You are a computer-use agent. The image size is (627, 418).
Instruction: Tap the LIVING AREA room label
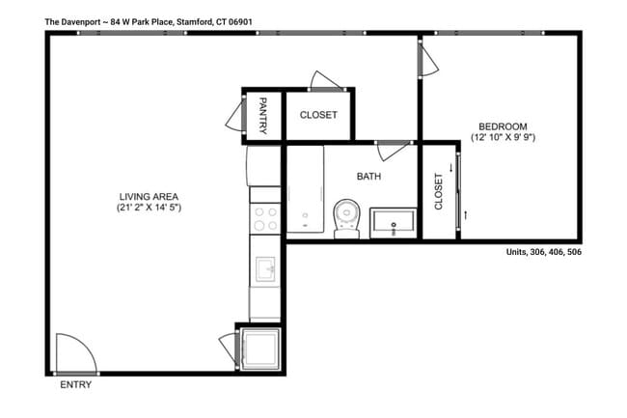click(150, 196)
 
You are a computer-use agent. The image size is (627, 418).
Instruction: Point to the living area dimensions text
click(150, 208)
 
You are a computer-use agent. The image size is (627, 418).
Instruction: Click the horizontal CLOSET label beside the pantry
click(318, 115)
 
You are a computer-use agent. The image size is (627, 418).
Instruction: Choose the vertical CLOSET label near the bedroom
click(438, 192)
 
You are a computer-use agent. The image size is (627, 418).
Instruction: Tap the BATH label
click(368, 177)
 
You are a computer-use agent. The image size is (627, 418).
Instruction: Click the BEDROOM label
click(503, 126)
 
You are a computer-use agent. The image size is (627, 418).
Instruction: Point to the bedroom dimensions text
click(503, 138)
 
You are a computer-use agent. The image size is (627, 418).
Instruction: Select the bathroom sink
click(395, 223)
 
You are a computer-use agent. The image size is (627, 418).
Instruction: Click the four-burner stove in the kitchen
click(264, 219)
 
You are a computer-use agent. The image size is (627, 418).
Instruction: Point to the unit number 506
click(572, 252)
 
